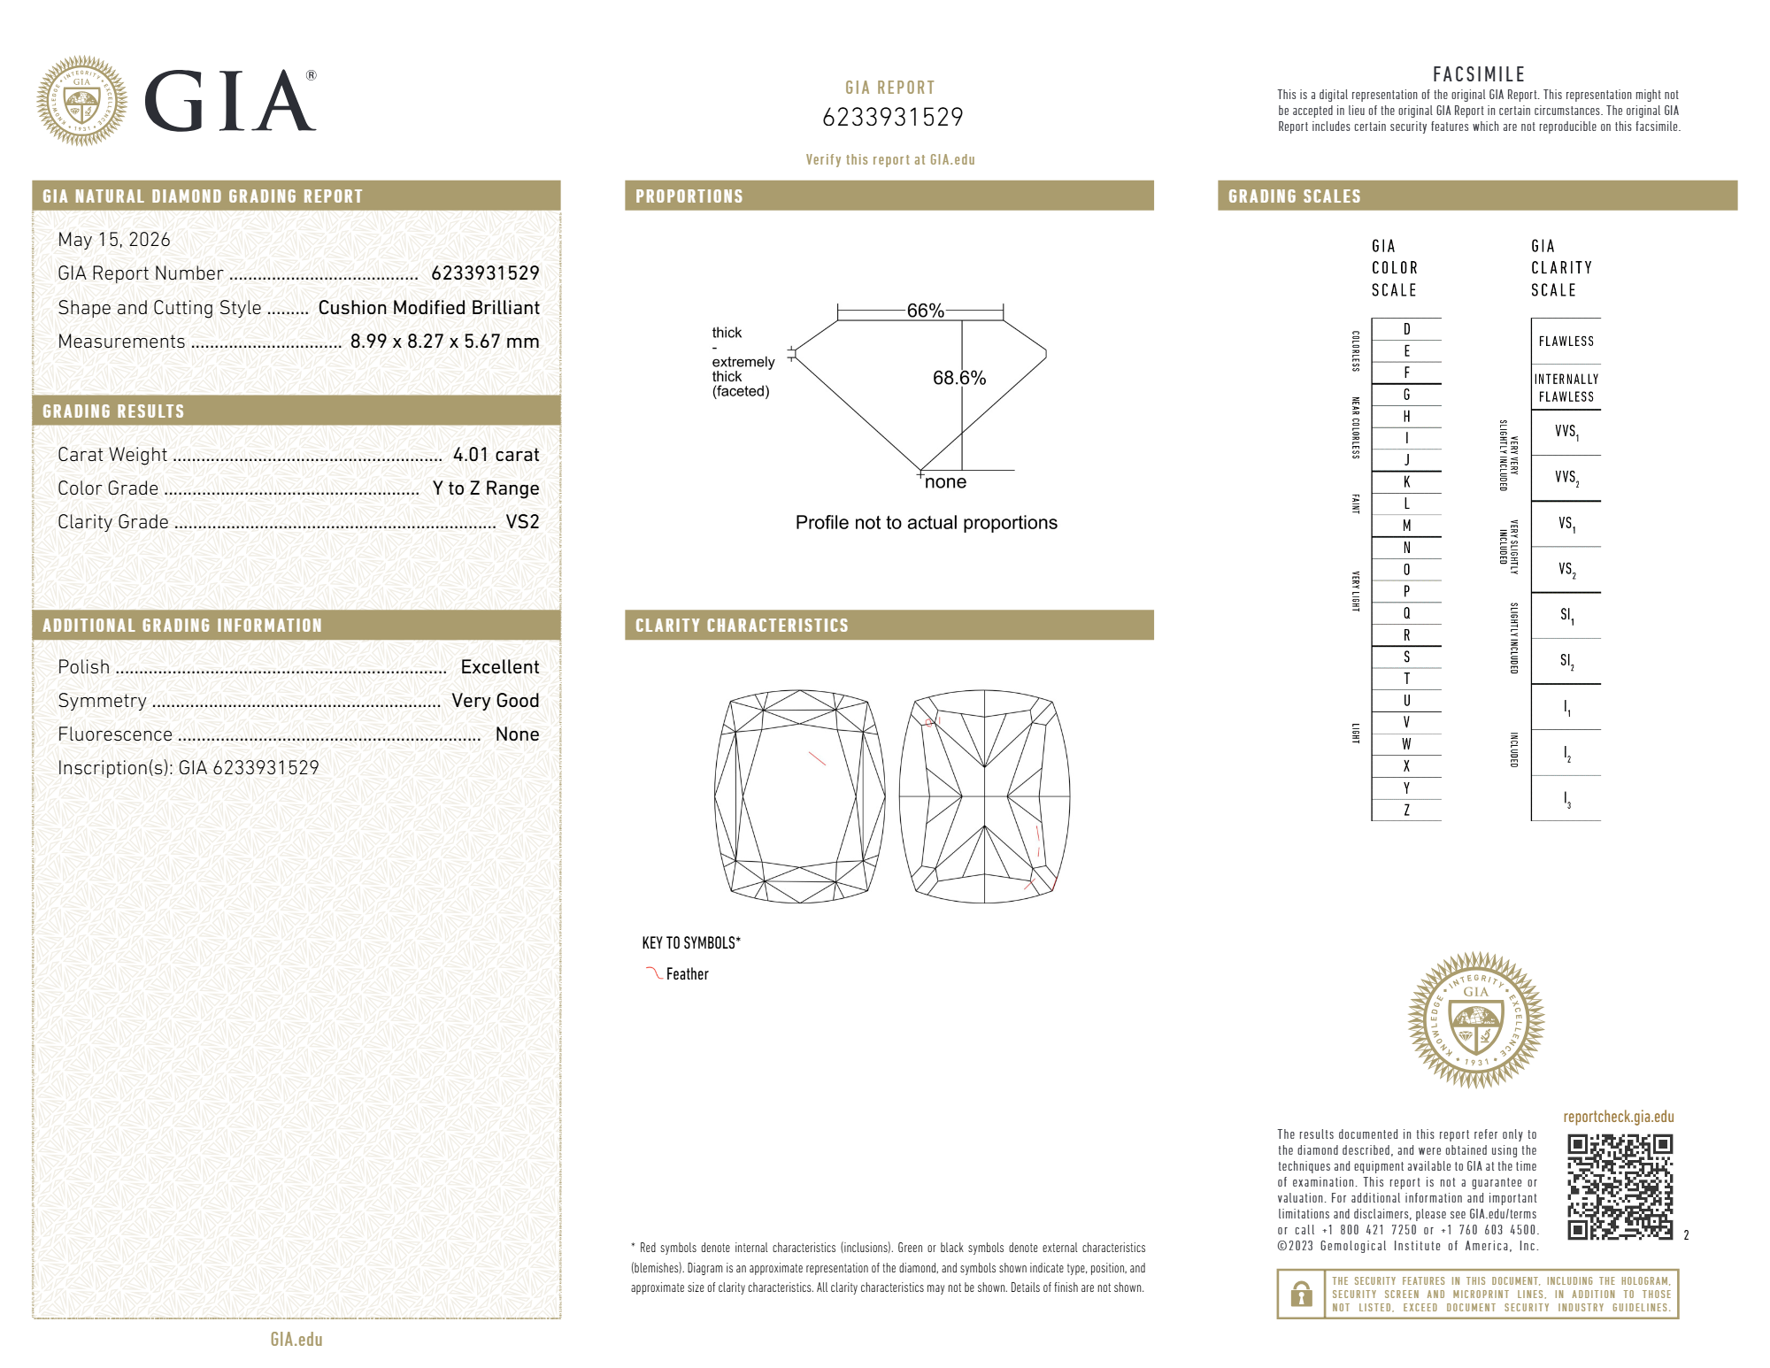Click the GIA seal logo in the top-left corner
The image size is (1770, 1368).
[81, 101]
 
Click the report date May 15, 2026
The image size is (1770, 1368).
[114, 240]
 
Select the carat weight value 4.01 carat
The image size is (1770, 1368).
[496, 455]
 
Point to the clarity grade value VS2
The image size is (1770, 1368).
[522, 522]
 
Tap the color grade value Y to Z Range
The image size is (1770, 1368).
[486, 488]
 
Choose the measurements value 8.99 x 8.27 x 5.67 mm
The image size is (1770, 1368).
[444, 342]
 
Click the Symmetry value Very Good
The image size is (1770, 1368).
[496, 701]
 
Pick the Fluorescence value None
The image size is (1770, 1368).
[518, 734]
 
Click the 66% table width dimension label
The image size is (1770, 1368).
[925, 311]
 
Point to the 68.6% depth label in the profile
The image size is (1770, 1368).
[959, 378]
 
